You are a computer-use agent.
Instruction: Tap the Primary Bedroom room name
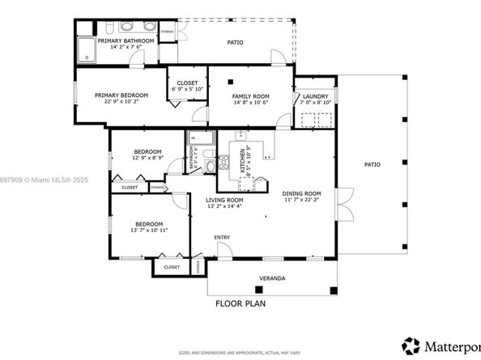click(117, 95)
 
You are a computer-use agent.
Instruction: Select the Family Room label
click(250, 96)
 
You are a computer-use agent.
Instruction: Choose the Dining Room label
click(301, 193)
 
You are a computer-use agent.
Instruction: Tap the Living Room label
click(224, 199)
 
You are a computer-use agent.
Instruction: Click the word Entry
click(222, 237)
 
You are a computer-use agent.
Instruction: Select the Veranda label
click(271, 278)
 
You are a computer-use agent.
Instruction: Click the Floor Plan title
click(241, 304)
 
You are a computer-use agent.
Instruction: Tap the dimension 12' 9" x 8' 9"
click(148, 158)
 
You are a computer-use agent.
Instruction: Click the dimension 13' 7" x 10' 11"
click(148, 231)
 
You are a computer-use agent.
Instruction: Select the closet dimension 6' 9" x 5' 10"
click(186, 88)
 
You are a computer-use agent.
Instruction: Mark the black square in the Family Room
click(231, 81)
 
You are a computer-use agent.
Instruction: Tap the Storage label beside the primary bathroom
click(167, 32)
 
